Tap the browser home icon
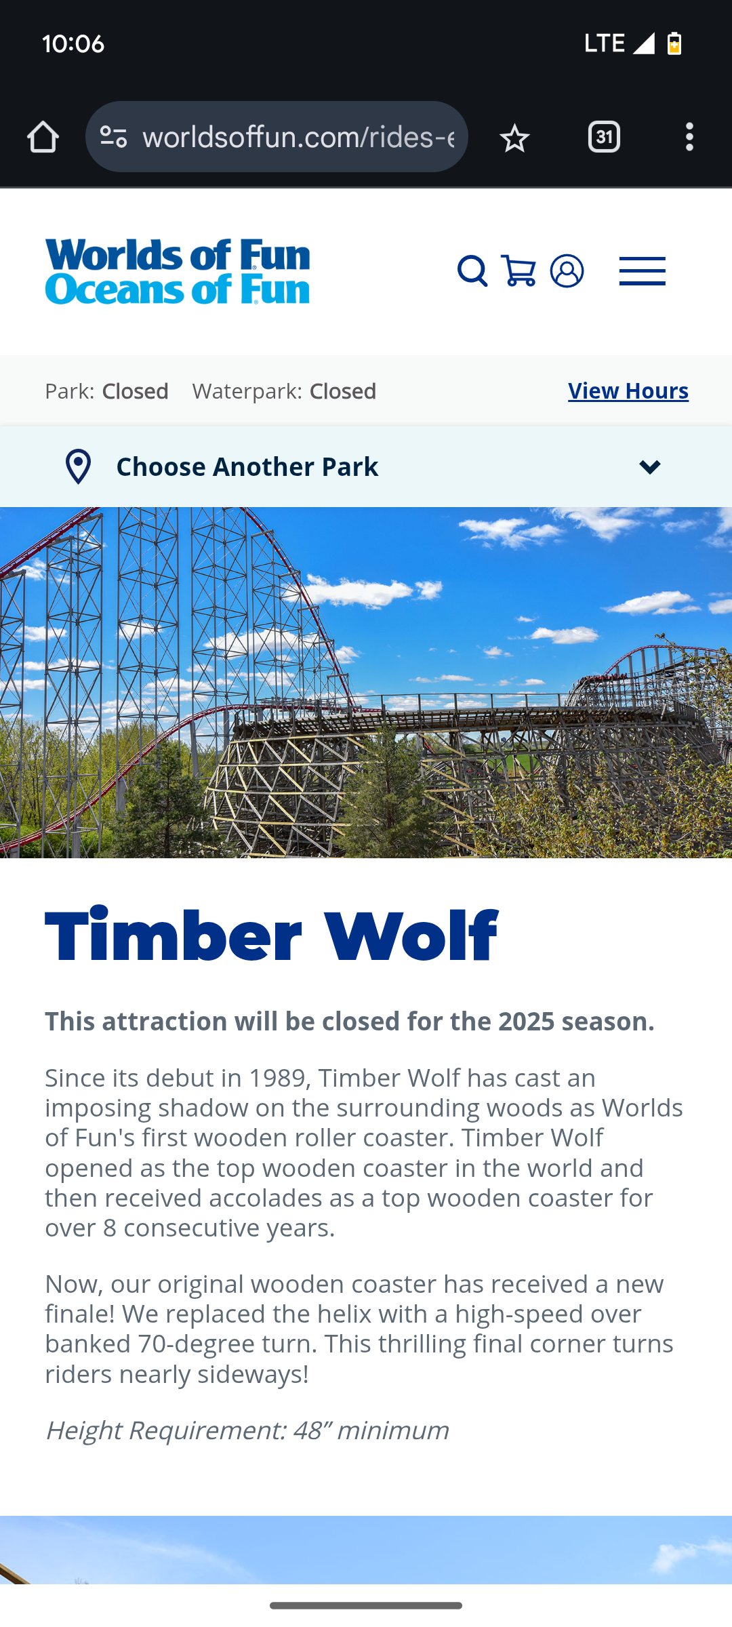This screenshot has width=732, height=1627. tap(43, 137)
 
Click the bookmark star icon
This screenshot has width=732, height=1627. tap(514, 138)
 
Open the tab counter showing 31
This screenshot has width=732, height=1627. tap(604, 137)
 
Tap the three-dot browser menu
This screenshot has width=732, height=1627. tap(689, 137)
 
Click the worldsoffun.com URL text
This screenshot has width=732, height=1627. tap(298, 137)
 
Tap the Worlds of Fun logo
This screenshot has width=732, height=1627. tap(178, 271)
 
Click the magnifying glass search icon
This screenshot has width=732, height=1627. tap(472, 271)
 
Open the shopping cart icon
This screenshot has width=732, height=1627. tap(518, 271)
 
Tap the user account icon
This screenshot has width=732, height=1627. tap(567, 271)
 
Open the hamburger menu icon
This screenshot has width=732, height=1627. tap(643, 271)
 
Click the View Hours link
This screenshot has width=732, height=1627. tap(628, 391)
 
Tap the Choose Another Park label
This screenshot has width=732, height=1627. tap(247, 466)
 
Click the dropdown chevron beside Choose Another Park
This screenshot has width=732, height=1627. tap(650, 467)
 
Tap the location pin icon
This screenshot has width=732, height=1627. tap(79, 466)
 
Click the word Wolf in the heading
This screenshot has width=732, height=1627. tap(411, 936)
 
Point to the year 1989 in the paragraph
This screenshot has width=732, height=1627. tap(277, 1077)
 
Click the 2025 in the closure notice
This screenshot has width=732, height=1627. tap(527, 1022)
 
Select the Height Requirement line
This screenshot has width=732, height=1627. tap(247, 1430)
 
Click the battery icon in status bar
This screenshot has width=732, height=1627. tap(674, 43)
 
